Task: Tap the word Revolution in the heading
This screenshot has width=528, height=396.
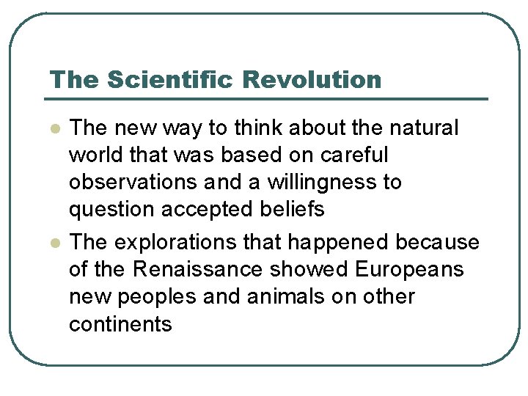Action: coord(313,79)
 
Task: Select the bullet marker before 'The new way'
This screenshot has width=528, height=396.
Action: coord(54,129)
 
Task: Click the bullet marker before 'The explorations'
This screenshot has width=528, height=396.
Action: coord(54,243)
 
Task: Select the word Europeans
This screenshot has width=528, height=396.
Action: coord(409,270)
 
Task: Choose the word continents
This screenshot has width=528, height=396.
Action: coord(120,324)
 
